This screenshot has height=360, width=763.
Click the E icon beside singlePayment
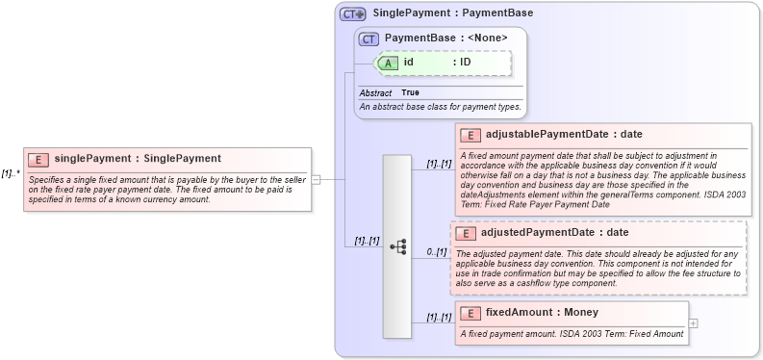[39, 159]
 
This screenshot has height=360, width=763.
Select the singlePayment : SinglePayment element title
[138, 159]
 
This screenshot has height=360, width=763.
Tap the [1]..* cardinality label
[11, 174]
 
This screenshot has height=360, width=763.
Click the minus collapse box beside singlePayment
[316, 178]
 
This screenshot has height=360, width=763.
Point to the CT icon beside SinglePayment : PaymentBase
[352, 14]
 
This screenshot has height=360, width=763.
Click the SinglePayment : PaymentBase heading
[452, 14]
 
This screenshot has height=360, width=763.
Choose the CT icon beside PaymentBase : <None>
[369, 39]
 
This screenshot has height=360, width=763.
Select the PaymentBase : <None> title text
[445, 39]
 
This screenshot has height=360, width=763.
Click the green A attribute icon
[389, 63]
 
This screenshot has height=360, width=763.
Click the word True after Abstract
[410, 92]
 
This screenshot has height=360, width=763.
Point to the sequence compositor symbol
[397, 246]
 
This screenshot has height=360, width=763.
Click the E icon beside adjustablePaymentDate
[471, 135]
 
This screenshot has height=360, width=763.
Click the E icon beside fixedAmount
[471, 313]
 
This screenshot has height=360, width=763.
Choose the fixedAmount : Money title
[542, 313]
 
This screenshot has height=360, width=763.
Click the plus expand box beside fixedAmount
[694, 322]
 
